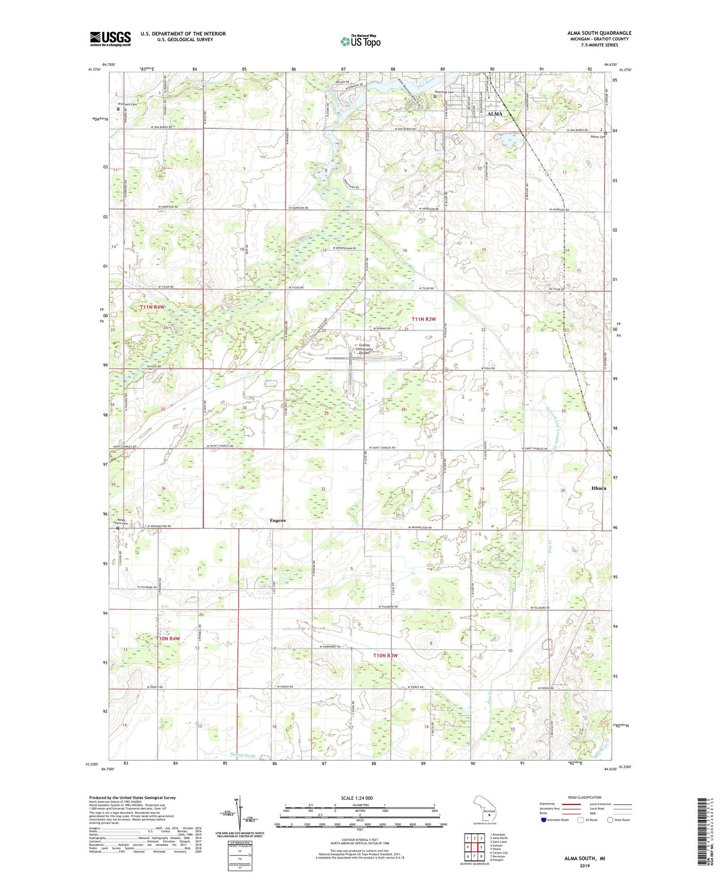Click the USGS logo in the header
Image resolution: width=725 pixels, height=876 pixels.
pos(110,39)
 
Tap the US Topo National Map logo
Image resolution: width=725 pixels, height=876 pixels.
pos(360,41)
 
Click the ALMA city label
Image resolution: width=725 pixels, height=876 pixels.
pos(495,114)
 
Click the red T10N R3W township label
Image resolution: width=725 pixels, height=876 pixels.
pos(385,656)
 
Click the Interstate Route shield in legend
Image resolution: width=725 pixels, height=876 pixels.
pos(544,820)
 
